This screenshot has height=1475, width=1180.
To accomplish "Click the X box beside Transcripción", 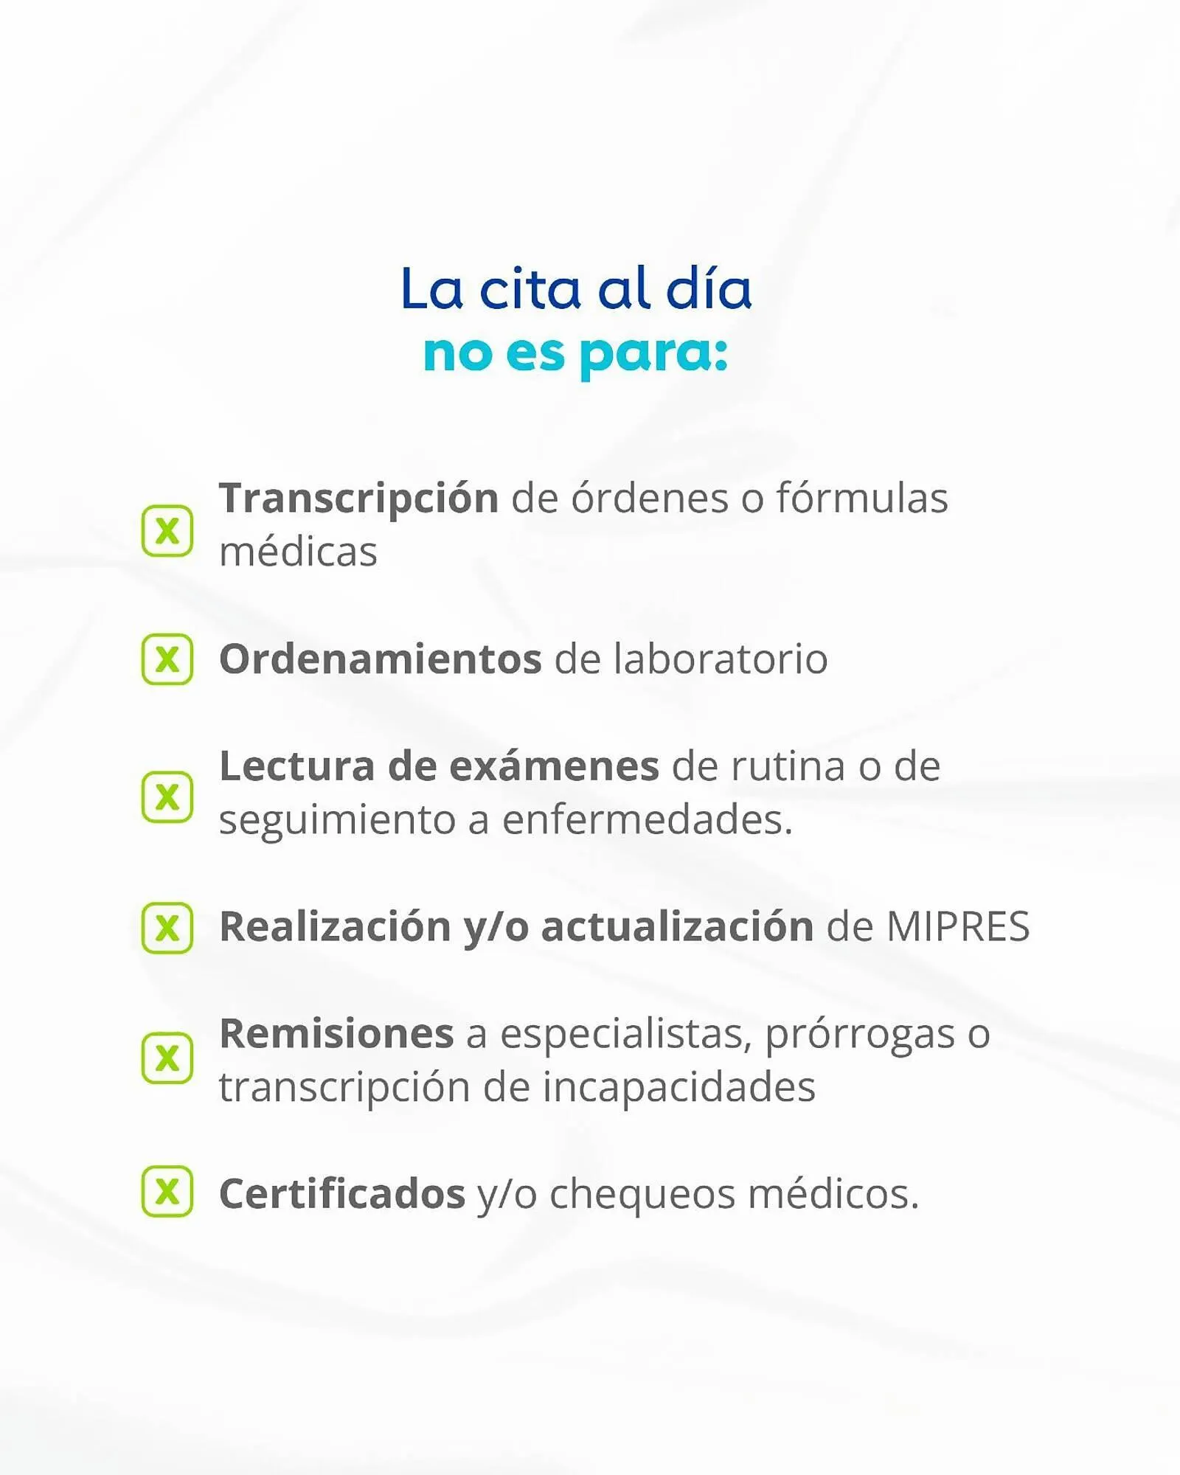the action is [167, 531].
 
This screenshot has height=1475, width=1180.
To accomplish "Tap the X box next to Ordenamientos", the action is [167, 659].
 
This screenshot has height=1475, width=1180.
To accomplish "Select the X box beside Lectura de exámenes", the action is [167, 797].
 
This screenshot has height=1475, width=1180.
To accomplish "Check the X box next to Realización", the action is [167, 928].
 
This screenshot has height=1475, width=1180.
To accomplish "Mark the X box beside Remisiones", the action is [167, 1058].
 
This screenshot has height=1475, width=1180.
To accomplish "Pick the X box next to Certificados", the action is [167, 1191].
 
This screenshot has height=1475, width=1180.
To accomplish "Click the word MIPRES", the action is [958, 926].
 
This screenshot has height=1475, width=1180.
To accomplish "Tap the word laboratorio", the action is [721, 659].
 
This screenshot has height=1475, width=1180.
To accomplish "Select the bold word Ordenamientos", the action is [381, 659].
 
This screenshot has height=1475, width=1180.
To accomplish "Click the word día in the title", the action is [709, 288].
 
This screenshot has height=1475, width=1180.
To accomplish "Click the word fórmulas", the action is [861, 498].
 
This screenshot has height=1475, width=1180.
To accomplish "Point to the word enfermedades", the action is [648, 819].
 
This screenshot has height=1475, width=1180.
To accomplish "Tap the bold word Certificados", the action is [342, 1193].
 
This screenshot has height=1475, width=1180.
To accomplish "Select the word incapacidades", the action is [679, 1087].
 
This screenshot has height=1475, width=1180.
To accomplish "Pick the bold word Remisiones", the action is [336, 1033].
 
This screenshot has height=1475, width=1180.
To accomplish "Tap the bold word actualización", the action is [678, 926].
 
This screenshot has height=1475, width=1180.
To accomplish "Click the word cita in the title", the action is [530, 288].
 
